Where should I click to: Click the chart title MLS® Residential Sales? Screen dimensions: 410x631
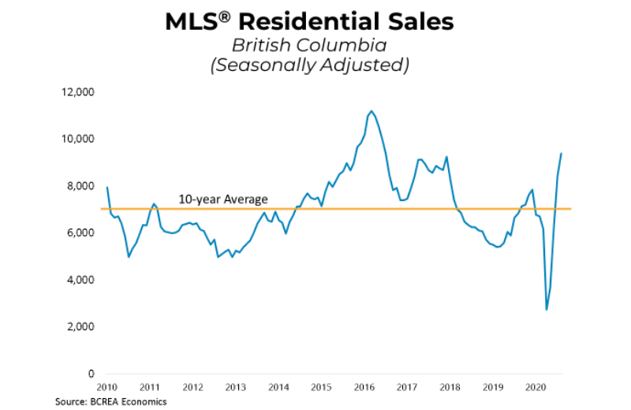tap(309, 21)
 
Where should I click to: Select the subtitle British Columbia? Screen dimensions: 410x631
tap(309, 46)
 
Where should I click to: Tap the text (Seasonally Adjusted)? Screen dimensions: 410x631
tap(309, 66)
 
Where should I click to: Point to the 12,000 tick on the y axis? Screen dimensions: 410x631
tap(77, 92)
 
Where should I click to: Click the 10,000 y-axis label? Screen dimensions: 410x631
tap(77, 139)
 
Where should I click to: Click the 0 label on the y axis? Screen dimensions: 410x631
tap(91, 374)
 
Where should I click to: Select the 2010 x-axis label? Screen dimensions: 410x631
tap(107, 388)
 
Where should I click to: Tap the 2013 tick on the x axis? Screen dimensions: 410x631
tap(236, 388)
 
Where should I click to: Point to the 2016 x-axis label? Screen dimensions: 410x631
tap(364, 388)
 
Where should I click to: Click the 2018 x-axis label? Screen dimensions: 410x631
tap(450, 388)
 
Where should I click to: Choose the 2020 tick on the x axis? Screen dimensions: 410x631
tap(536, 388)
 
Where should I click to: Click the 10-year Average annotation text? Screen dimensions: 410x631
tap(222, 199)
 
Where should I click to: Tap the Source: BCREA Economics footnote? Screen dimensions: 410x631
tap(111, 402)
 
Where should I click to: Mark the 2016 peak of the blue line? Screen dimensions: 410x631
tap(372, 111)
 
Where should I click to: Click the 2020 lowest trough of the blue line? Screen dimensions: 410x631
tap(547, 309)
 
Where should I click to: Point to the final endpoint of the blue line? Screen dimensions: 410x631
tap(562, 153)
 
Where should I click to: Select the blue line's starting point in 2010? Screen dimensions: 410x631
tap(106, 187)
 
